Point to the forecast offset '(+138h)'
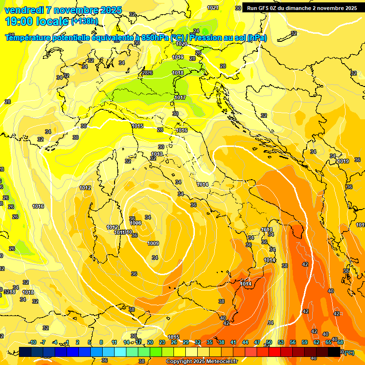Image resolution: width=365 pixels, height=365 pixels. click(85, 21)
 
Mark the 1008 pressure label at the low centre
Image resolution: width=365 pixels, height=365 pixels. click(135, 223)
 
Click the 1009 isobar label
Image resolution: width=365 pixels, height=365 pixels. click(153, 243)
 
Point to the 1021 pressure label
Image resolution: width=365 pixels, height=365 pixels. click(213, 8)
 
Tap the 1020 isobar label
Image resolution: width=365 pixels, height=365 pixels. click(182, 44)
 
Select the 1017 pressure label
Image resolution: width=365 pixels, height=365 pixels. click(180, 97)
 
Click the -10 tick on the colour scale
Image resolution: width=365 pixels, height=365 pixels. click(32, 342)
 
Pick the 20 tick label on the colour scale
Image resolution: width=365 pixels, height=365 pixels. click(150, 342)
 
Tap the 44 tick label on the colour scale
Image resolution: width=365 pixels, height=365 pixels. click(245, 342)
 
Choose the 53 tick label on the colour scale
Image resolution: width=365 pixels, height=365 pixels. click(281, 342)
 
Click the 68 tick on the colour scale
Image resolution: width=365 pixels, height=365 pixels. click(340, 342)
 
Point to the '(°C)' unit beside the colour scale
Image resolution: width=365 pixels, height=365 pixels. click(349, 352)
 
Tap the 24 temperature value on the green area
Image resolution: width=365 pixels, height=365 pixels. click(196, 31)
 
